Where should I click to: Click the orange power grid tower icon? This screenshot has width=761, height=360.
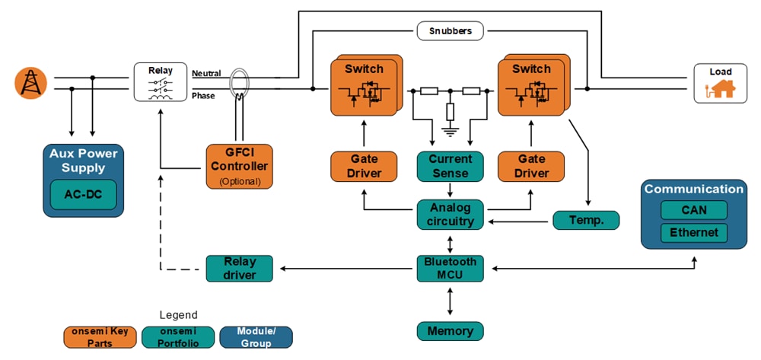pyautogui.click(x=30, y=82)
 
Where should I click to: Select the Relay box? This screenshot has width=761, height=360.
pyautogui.click(x=161, y=82)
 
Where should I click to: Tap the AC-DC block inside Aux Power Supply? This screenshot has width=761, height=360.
pyautogui.click(x=83, y=194)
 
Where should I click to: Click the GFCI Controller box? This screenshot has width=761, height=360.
pyautogui.click(x=239, y=166)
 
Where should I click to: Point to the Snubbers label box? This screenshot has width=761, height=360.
pyautogui.click(x=450, y=32)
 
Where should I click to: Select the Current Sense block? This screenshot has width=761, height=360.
pyautogui.click(x=450, y=166)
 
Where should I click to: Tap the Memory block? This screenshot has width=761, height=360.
pyautogui.click(x=450, y=331)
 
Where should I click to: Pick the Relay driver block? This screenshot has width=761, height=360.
pyautogui.click(x=239, y=268)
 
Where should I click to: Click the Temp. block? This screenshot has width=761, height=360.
pyautogui.click(x=585, y=221)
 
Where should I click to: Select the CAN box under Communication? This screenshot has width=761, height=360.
pyautogui.click(x=693, y=209)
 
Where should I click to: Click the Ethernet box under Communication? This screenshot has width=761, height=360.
pyautogui.click(x=693, y=232)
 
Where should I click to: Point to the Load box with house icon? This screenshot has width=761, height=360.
pyautogui.click(x=720, y=82)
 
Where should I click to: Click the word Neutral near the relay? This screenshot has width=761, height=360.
pyautogui.click(x=206, y=73)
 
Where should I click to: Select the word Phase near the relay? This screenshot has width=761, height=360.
pyautogui.click(x=203, y=96)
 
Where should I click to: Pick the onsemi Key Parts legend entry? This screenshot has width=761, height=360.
pyautogui.click(x=100, y=337)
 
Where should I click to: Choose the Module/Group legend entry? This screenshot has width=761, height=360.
pyautogui.click(x=256, y=337)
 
